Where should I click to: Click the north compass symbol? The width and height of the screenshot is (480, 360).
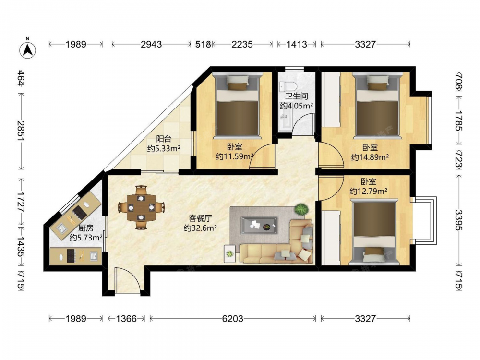tap(27, 49)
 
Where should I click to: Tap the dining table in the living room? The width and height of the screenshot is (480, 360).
tap(141, 207)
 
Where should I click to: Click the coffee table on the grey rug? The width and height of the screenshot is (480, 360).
tap(259, 226)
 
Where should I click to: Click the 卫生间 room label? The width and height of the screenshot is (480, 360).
tap(296, 96)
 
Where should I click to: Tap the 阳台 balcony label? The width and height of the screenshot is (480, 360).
tap(164, 139)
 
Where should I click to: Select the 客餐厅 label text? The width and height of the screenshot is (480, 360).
tap(200, 218)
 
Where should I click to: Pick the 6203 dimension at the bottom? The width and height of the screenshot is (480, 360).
tap(233, 319)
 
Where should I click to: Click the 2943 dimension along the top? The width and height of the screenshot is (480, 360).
tap(151, 44)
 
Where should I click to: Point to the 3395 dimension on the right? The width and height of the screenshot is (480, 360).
tap(459, 220)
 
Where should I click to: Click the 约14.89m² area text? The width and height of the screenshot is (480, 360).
tap(370, 157)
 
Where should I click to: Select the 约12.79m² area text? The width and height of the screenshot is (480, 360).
tap(369, 192)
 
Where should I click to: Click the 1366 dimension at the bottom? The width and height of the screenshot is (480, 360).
tap(126, 319)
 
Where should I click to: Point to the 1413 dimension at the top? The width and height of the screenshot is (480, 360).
tap(296, 44)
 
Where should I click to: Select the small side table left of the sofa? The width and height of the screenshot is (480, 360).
tap(229, 253)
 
